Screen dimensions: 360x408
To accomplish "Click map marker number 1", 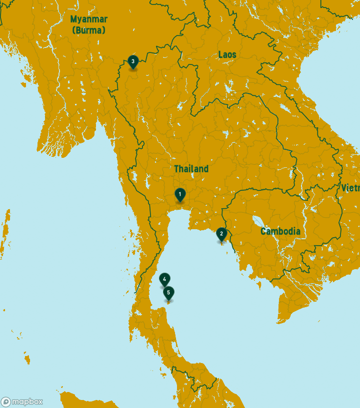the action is [x=180, y=194].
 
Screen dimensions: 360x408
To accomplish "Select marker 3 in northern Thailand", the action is [x=132, y=61].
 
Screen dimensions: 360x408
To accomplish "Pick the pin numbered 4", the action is [x=164, y=279].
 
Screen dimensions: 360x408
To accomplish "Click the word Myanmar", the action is [x=88, y=19].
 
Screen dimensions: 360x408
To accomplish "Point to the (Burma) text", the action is [x=88, y=30].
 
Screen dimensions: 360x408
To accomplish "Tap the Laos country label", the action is [x=227, y=54].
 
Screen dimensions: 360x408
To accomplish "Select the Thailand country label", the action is [x=191, y=169].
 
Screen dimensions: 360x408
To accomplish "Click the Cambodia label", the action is [x=280, y=231].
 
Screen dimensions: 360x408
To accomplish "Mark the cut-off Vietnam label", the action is [x=351, y=188].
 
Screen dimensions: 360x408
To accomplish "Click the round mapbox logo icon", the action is [x=6, y=402].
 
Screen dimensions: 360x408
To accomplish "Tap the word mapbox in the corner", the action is [x=27, y=402].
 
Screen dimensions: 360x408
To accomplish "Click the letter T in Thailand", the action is [x=176, y=169].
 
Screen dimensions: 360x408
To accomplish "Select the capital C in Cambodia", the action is [x=263, y=231].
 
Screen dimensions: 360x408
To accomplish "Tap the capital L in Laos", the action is [x=220, y=54].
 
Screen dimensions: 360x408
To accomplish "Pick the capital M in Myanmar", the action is [x=73, y=19].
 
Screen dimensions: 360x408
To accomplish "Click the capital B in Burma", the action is [x=78, y=30].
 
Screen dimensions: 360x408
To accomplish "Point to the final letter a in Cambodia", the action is [x=298, y=232].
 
